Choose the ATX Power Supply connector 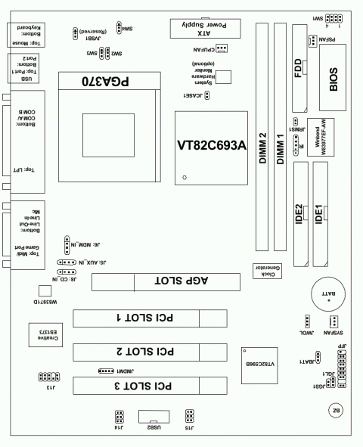point(205,29)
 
